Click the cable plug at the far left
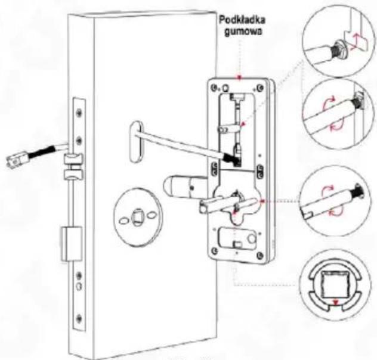tap(14, 159)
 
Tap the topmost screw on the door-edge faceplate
tap(78, 111)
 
